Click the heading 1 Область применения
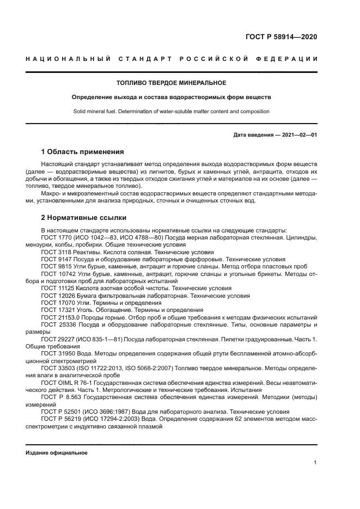pos(83,151)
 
